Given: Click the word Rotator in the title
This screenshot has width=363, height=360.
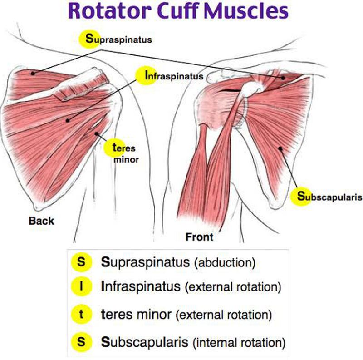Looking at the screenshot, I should [x=108, y=11].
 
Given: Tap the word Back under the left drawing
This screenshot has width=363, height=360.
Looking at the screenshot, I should [x=41, y=221].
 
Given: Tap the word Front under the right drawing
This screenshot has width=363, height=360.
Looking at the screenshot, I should [x=199, y=237].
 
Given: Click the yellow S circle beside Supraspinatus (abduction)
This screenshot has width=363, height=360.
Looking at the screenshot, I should [x=81, y=262].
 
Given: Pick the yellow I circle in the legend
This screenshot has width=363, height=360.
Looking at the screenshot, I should [x=81, y=286].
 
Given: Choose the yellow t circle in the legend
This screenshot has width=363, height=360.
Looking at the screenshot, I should [x=81, y=314].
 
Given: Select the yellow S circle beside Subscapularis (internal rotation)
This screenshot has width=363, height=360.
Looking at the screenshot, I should [x=81, y=341].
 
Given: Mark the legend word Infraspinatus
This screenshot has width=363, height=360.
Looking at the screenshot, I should [x=140, y=287].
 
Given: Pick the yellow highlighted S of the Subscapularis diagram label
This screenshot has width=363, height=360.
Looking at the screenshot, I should [x=300, y=197].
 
